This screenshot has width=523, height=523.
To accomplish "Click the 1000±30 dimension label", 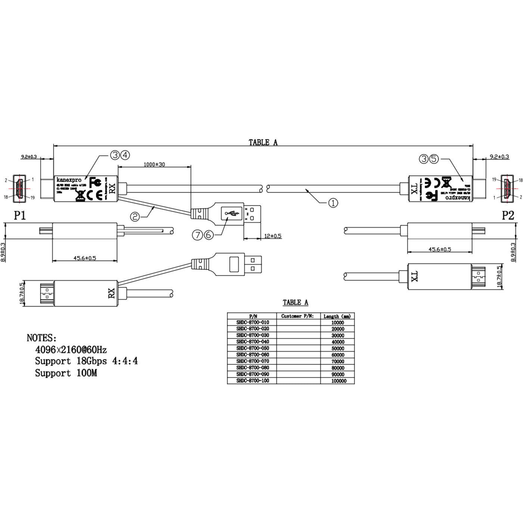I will tap(154, 164).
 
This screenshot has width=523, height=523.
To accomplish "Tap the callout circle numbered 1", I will tap(333, 203).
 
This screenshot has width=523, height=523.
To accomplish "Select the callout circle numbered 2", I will tap(135, 216).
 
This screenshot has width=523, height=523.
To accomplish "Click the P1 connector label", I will tap(20, 215).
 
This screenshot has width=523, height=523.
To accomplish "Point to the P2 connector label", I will tap(508, 215).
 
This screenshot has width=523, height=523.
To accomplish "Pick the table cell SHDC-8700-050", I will tap(252, 348).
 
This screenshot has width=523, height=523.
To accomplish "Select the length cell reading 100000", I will tap(339, 381).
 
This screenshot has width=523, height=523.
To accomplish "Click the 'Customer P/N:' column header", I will tap(298, 316).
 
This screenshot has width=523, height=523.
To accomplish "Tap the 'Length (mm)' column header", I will tap(337, 316).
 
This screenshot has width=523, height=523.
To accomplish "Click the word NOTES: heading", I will tap(41, 338).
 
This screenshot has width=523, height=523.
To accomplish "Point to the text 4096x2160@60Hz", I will tap(71, 350).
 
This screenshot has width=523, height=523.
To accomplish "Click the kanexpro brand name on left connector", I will tap(69, 180).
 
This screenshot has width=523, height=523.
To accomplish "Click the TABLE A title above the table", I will tap(295, 302).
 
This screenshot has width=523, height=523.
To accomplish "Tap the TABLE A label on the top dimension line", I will tap(263, 142).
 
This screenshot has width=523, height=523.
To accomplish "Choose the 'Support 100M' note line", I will tap(66, 373).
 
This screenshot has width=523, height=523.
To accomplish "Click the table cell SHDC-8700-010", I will tap(252, 322).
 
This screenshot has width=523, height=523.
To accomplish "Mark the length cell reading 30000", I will tap(338, 336).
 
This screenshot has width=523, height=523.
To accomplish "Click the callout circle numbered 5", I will tap(433, 159).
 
